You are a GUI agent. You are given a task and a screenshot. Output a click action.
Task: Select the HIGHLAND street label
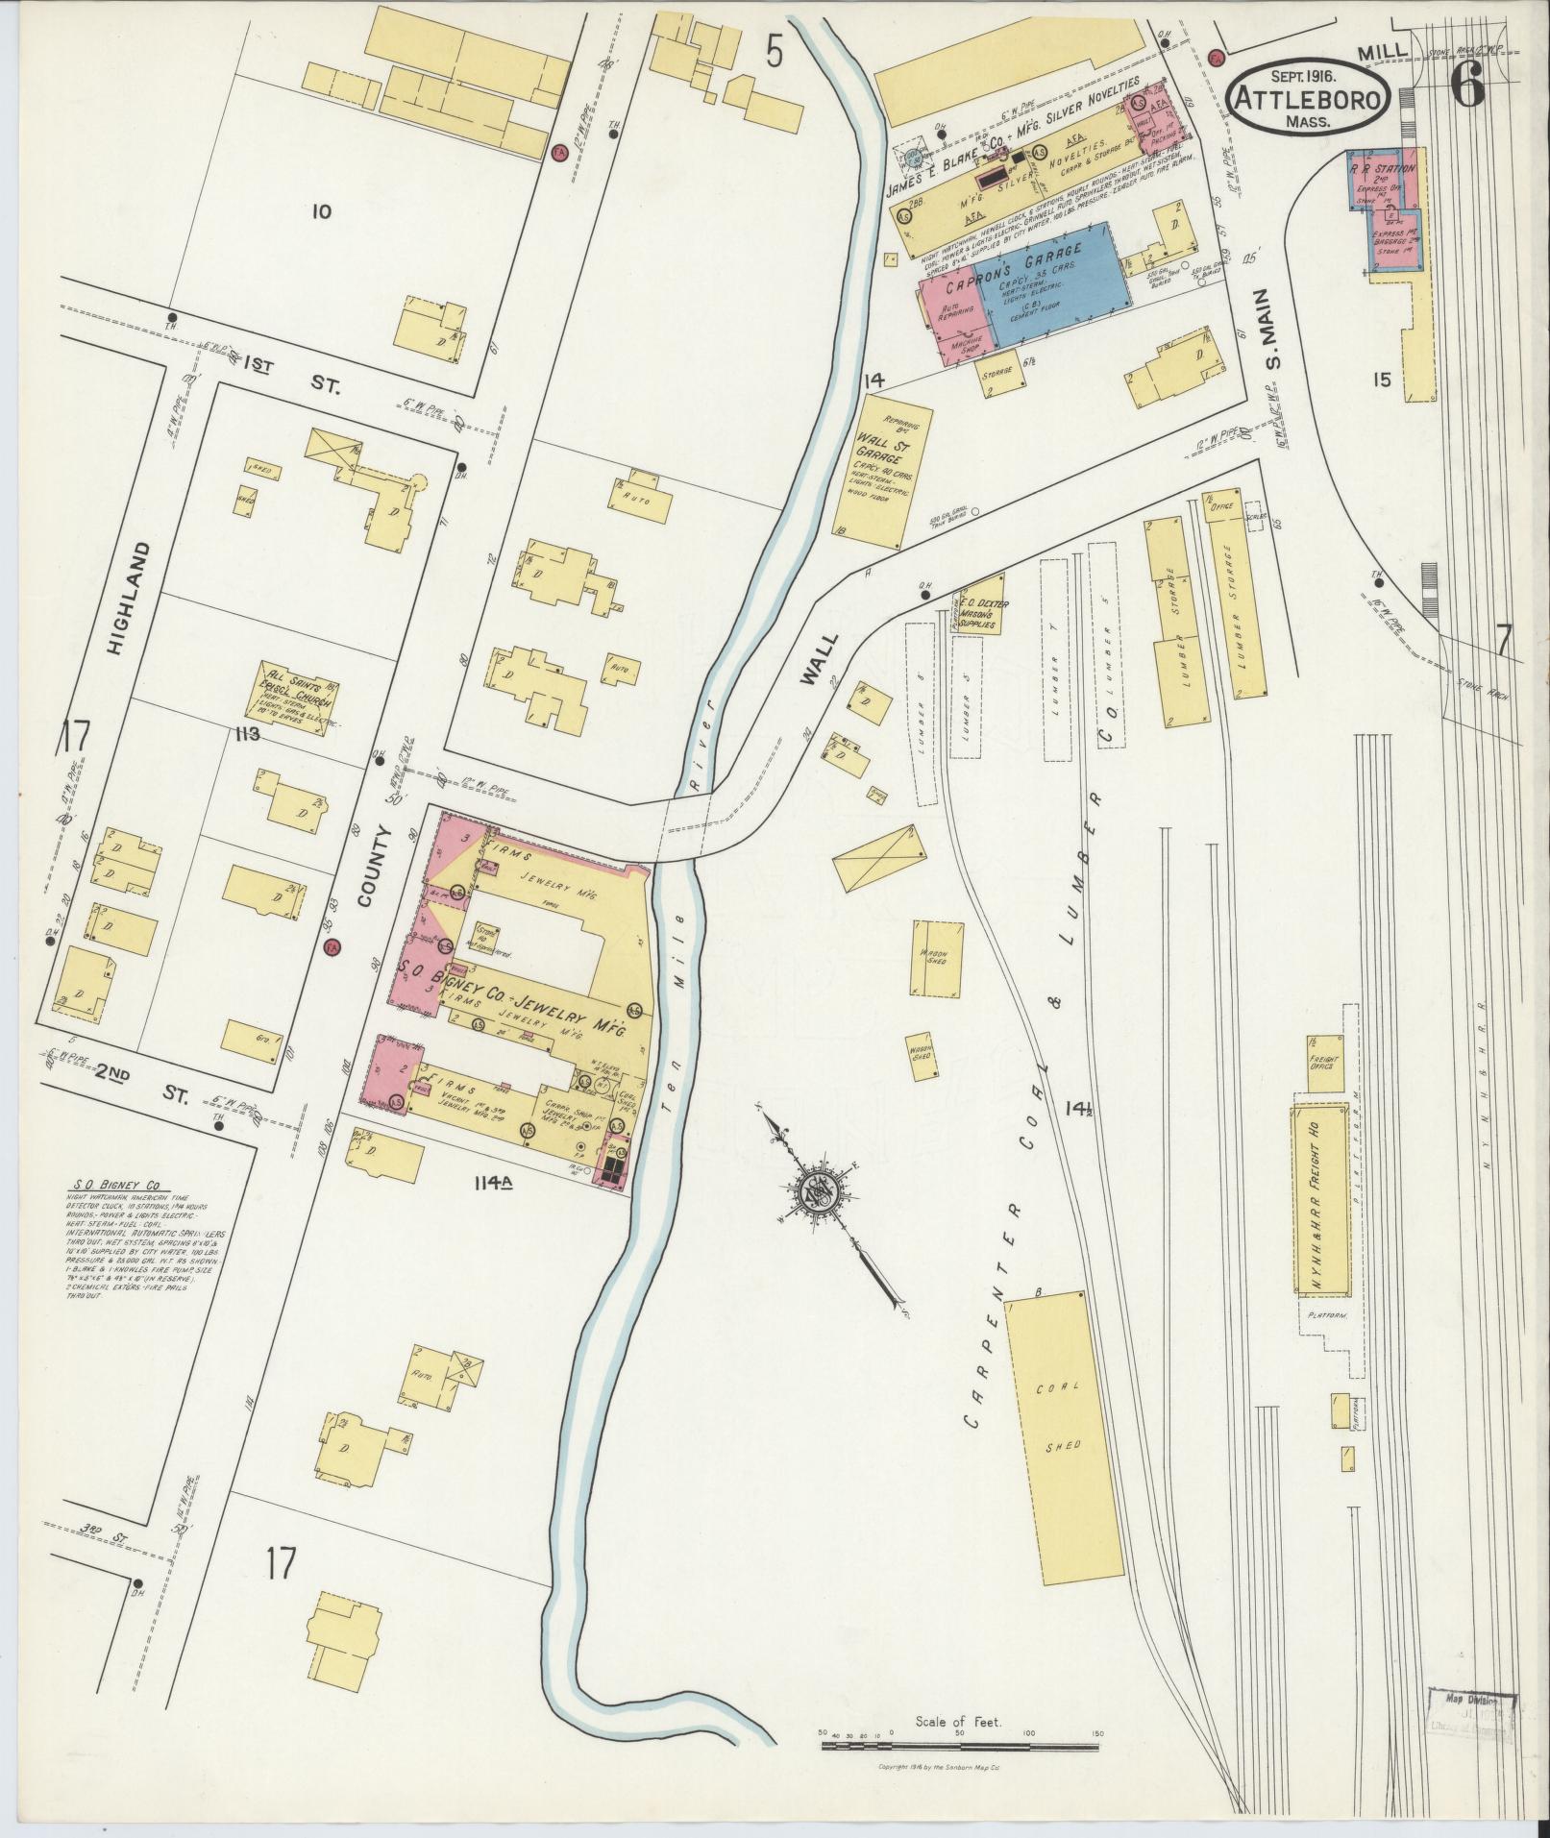pyautogui.click(x=118, y=598)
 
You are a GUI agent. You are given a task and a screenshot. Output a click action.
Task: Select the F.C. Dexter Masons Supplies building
pyautogui.click(x=978, y=605)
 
